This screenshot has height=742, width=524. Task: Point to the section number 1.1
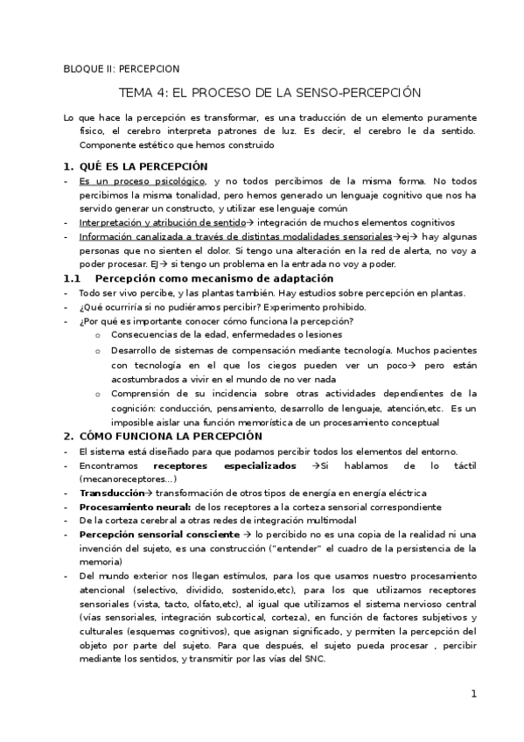coord(72,278)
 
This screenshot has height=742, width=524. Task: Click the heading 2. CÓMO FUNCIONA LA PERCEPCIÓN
coord(163,436)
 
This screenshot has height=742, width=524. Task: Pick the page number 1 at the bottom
coord(473,695)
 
